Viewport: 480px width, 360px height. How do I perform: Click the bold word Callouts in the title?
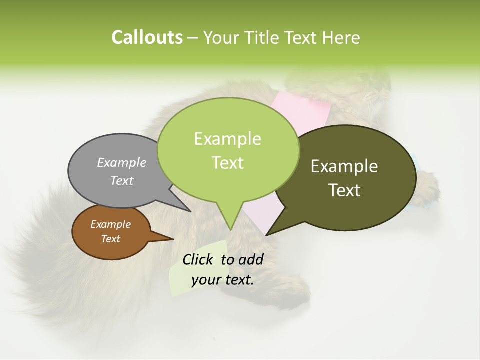[x=147, y=37]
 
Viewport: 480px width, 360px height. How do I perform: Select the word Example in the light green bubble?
[x=227, y=139]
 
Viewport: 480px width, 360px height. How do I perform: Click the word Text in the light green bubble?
[x=227, y=163]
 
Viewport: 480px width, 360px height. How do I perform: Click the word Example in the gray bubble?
[x=121, y=162]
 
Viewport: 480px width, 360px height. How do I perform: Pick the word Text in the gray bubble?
[x=121, y=180]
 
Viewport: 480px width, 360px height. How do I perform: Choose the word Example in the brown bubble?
[x=110, y=224]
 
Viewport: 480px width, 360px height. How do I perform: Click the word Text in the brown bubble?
[x=110, y=239]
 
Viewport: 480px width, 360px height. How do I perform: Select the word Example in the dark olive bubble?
[x=344, y=166]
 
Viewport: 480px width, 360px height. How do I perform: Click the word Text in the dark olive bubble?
[x=344, y=190]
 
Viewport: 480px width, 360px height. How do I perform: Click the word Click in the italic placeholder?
[x=199, y=259]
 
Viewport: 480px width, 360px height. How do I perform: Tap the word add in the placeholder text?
[x=251, y=259]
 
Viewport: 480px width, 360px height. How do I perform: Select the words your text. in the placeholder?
[x=223, y=280]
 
